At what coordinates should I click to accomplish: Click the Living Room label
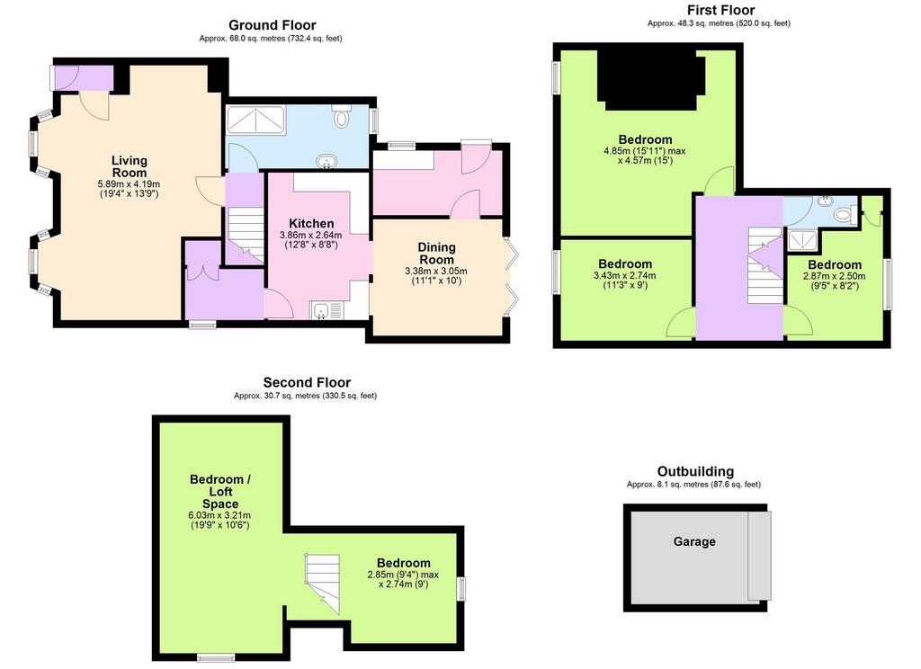(130, 166)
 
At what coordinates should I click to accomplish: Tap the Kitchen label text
(311, 223)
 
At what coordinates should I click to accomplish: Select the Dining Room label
(436, 254)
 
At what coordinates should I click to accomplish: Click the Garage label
(694, 541)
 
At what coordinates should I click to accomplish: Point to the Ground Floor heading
(272, 25)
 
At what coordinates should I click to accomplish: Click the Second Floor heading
(307, 383)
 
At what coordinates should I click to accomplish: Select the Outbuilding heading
(695, 472)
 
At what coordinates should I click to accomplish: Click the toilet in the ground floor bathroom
(341, 116)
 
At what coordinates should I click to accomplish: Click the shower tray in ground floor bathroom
(256, 120)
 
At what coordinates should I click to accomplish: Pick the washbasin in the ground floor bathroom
(325, 161)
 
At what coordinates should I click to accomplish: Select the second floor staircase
(323, 584)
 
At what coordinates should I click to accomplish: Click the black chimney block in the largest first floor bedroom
(652, 79)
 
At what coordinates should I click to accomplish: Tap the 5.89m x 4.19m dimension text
(129, 184)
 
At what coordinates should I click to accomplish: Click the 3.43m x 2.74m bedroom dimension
(625, 275)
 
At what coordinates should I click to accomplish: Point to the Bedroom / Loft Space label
(220, 492)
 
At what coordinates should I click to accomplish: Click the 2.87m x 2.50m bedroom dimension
(834, 276)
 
